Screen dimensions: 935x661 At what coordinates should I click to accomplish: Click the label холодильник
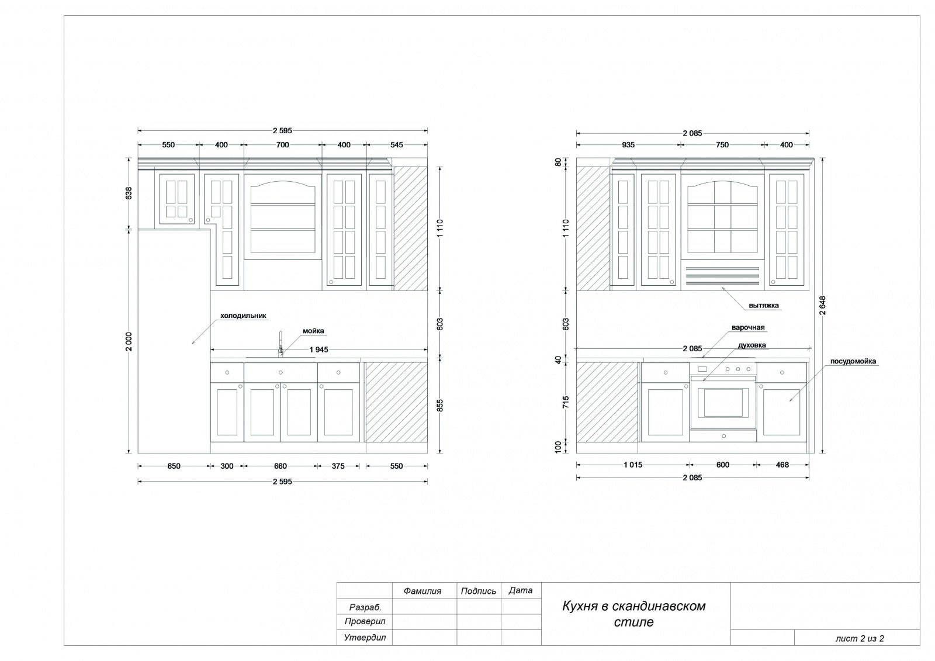pos(243,316)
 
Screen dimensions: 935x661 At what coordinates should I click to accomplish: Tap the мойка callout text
pos(313,331)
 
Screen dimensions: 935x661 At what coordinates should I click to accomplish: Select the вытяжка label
pos(763,305)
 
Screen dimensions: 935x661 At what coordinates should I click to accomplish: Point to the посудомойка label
pos(853,361)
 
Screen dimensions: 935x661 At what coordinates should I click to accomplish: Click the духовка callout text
pos(752,345)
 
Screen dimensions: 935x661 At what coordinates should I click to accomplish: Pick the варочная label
pos(748,327)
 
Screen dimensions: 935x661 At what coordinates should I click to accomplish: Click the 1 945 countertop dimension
pos(318,349)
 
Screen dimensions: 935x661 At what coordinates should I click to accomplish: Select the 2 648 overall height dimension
pos(822,305)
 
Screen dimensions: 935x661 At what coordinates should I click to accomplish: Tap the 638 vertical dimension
pos(129,193)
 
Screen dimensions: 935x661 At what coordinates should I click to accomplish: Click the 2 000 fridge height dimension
pos(129,341)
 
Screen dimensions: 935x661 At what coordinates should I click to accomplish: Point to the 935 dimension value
pos(628,145)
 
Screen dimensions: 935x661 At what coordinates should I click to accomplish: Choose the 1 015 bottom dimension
pos(633,465)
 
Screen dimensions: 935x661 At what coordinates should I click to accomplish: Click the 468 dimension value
pos(782,465)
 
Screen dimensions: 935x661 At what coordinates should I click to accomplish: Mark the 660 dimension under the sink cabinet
pos(280,466)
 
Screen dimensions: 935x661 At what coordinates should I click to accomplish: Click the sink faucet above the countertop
pos(281,344)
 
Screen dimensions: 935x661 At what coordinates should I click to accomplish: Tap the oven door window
pos(723,403)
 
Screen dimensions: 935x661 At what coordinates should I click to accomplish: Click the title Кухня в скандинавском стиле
pos(633,614)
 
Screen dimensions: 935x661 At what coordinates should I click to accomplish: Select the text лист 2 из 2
pos(860,638)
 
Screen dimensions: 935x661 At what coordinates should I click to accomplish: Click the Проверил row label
pos(365,621)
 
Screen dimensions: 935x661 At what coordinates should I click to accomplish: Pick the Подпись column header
pos(479,591)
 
